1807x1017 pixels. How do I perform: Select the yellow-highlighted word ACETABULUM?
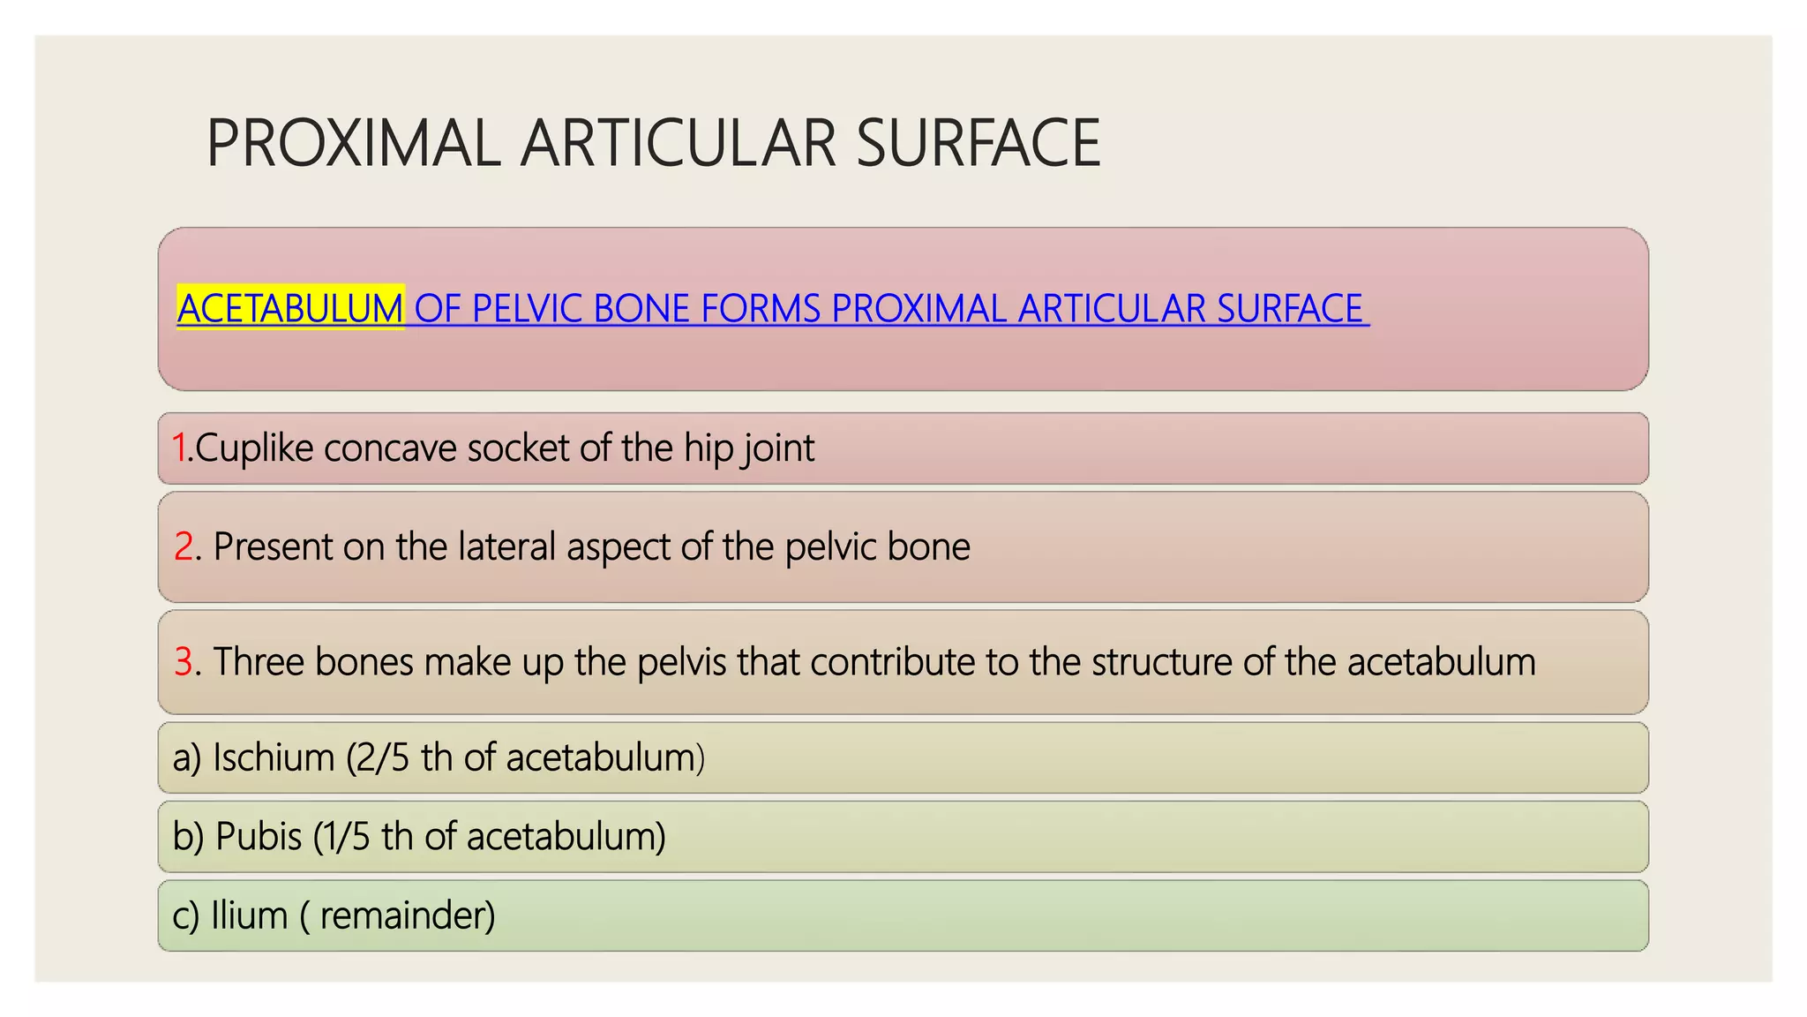(x=290, y=308)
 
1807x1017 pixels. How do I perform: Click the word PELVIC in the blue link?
(x=527, y=308)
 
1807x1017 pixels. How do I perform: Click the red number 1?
(x=179, y=448)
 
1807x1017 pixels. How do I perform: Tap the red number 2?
(x=184, y=546)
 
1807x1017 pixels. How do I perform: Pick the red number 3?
(x=184, y=661)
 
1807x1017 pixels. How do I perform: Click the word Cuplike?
(x=254, y=448)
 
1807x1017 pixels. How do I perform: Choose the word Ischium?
(x=274, y=757)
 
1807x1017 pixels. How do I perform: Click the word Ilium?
(x=250, y=915)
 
